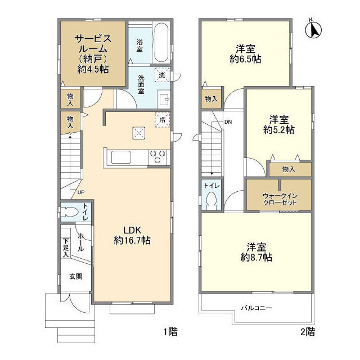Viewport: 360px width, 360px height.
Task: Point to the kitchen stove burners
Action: point(157,157)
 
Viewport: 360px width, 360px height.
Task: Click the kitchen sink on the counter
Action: point(121,157)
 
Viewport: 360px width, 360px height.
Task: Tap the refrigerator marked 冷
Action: point(163,120)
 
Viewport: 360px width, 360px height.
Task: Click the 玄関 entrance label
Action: point(75,276)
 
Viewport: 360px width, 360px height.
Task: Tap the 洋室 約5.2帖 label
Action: point(278,124)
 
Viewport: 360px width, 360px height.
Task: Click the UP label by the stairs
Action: point(81,192)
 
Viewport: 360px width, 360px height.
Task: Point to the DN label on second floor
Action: point(228,121)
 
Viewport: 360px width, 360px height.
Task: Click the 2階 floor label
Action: point(307,331)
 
